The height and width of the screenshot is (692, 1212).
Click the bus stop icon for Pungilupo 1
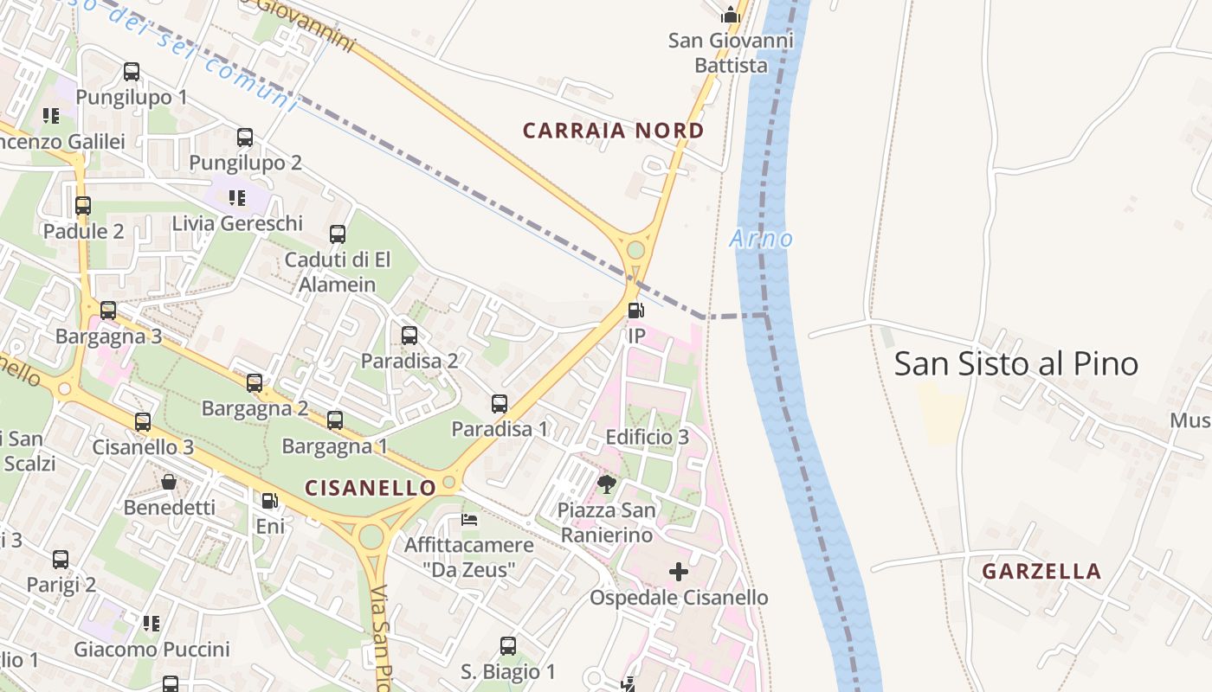[132, 72]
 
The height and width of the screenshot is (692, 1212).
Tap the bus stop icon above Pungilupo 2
[245, 137]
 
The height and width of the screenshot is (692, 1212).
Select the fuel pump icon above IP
[635, 311]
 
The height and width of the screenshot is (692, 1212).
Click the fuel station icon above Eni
[270, 501]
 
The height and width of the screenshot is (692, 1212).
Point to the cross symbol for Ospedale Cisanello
[679, 572]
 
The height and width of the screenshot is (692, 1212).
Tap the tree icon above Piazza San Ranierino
[607, 484]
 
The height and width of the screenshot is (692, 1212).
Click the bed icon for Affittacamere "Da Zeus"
[469, 520]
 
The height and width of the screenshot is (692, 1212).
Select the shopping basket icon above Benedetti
[169, 482]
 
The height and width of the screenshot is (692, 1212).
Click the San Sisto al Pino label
[1015, 363]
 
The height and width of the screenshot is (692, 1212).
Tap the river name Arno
[761, 239]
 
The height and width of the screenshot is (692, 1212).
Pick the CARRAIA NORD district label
[613, 131]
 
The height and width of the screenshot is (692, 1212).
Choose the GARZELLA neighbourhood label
[1041, 571]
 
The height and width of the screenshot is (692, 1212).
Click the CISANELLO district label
[371, 488]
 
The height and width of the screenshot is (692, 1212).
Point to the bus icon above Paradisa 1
[500, 403]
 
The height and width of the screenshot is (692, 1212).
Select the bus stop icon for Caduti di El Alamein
[338, 234]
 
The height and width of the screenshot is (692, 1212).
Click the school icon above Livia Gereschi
[236, 198]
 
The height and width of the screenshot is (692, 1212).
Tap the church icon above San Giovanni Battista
[731, 15]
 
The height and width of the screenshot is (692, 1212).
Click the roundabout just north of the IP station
[635, 250]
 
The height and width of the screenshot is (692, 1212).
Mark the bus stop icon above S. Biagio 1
[508, 646]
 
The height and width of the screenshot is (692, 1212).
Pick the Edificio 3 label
[648, 437]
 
